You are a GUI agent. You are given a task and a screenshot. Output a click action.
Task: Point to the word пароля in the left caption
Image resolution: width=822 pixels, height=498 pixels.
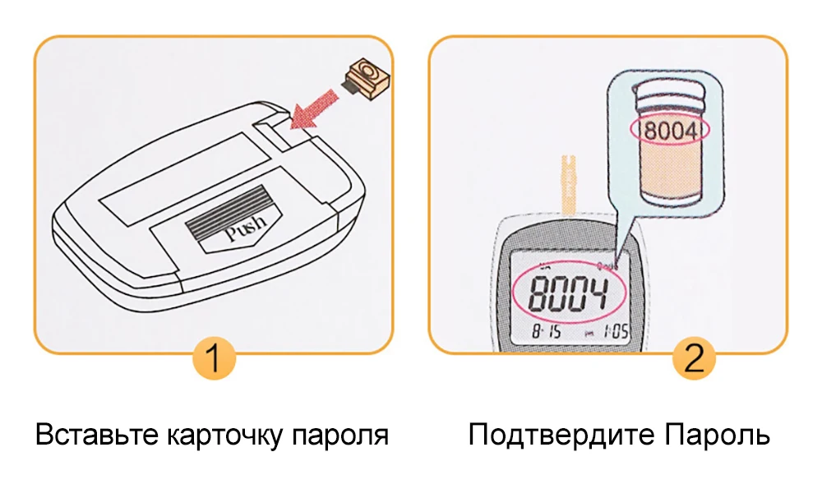[340, 435]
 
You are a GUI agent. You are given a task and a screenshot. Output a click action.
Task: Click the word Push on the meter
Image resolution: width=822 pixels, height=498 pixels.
[245, 232]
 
